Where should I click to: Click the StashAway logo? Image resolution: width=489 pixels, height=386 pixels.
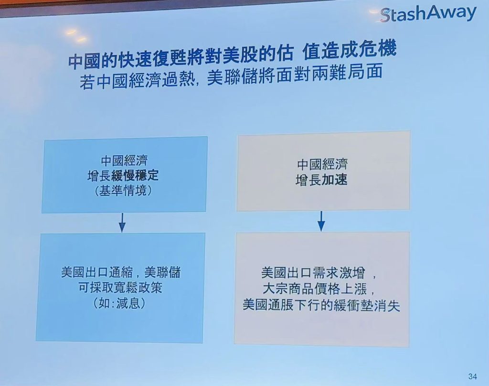[428, 14]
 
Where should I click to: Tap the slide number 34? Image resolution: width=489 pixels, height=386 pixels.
[472, 376]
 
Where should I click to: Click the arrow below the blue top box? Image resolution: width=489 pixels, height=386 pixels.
[122, 223]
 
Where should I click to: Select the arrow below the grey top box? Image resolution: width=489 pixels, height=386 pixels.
[321, 221]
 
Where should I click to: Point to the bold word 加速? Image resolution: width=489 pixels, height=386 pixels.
[334, 180]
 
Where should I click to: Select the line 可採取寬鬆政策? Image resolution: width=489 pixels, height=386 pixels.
[120, 288]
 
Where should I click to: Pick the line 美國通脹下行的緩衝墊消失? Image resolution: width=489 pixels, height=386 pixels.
[321, 305]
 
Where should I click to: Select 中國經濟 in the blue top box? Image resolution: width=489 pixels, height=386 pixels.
[124, 161]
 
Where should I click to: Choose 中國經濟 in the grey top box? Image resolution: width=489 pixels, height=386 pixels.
[322, 164]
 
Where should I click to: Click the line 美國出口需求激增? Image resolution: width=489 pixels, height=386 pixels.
[313, 273]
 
